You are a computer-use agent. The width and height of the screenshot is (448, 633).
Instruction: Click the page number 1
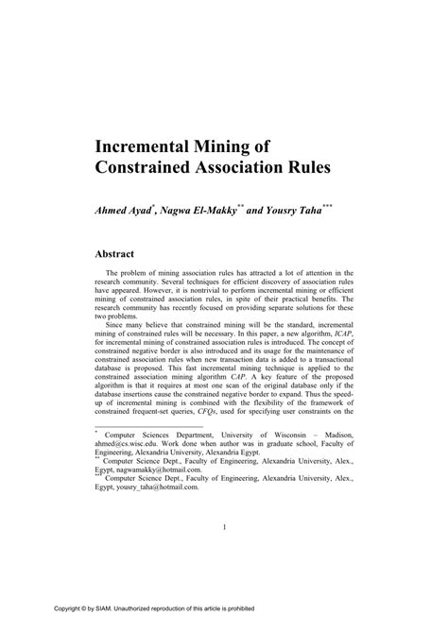224,528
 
